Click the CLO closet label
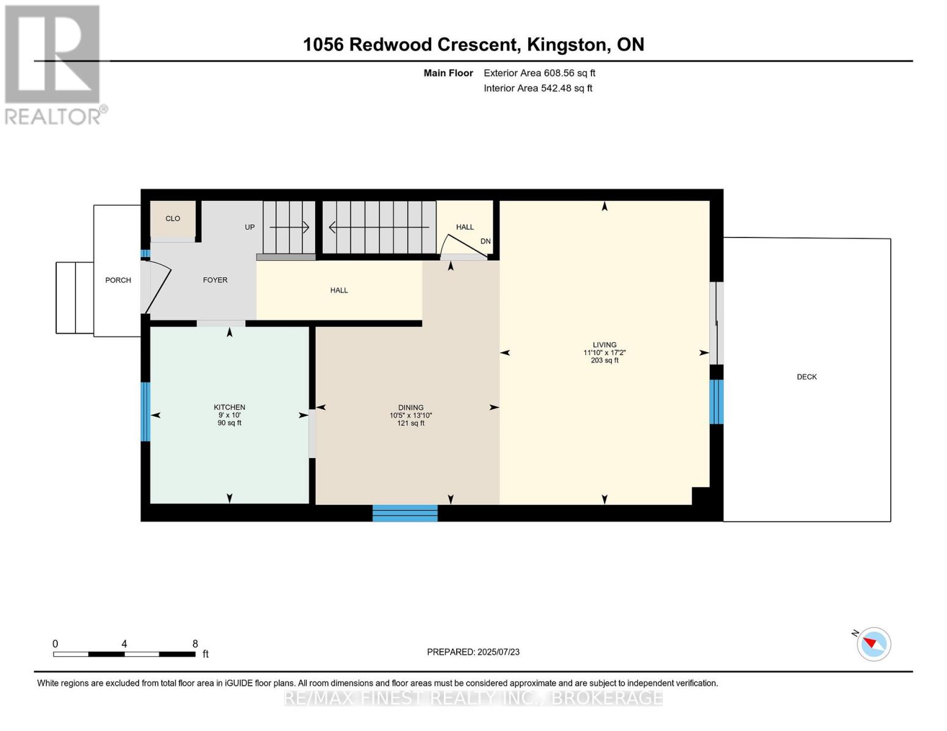173,219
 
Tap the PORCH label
118,280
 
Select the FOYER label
215,280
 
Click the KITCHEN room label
229,407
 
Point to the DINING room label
410,408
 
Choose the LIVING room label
604,345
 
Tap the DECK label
807,377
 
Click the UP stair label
250,227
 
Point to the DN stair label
485,241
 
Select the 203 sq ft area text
604,361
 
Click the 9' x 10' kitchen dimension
229,415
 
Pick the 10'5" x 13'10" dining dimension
410,415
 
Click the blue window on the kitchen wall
146,412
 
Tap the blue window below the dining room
405,513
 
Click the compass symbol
873,644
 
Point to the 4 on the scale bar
124,643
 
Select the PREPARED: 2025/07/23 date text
473,652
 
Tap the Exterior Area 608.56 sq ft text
540,73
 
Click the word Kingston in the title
566,45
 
